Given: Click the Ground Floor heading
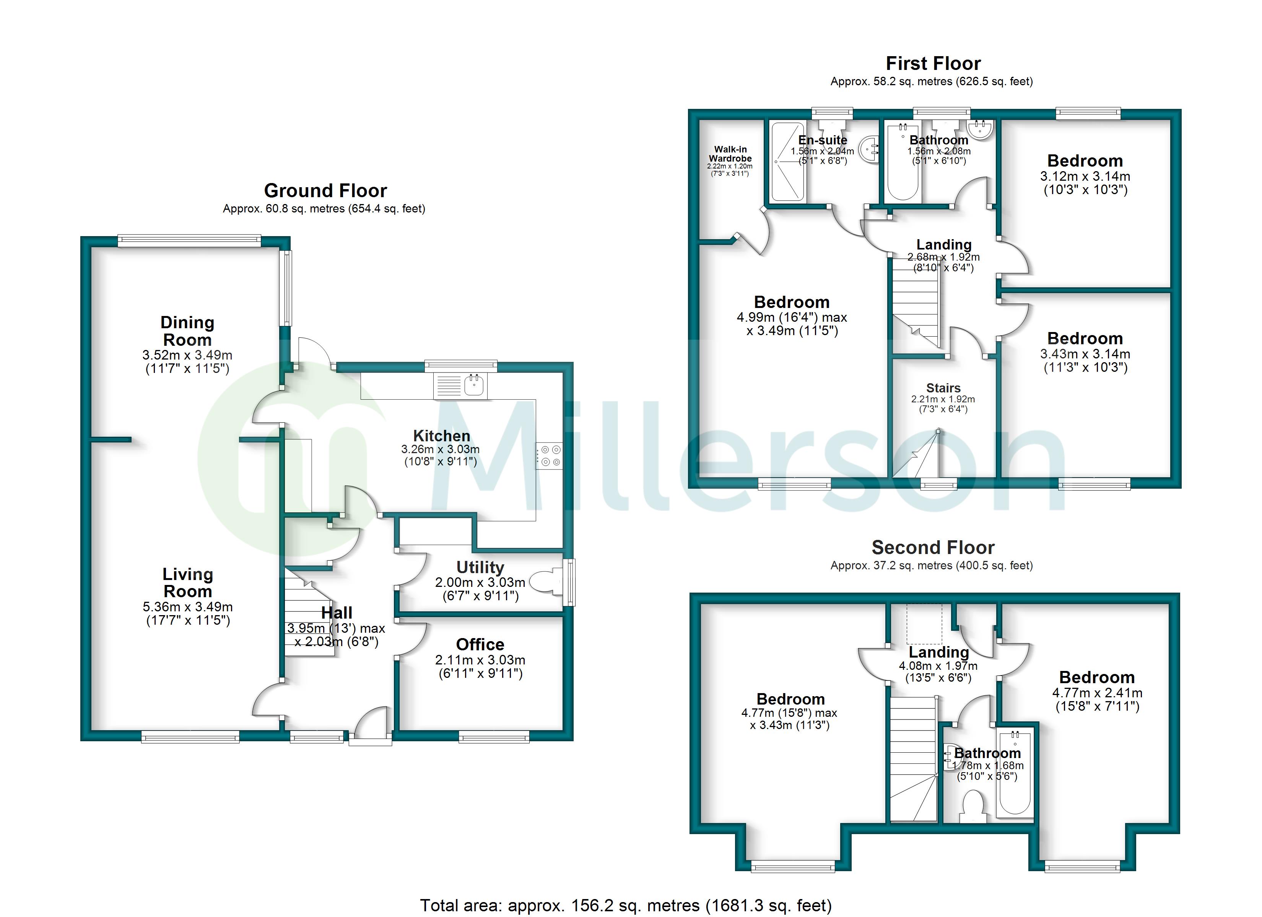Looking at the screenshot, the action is click(x=325, y=191).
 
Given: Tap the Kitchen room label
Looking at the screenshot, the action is click(x=441, y=436).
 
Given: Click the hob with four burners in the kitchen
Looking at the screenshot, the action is click(x=549, y=455).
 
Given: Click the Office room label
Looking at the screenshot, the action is click(x=480, y=645).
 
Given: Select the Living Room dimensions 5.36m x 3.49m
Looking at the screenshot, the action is click(x=187, y=607).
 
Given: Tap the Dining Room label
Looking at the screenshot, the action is click(x=187, y=331).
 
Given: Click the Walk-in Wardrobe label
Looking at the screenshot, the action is click(x=730, y=154).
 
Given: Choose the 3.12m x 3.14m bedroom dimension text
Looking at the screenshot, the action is click(x=1085, y=176).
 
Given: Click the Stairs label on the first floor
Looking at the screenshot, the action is click(x=943, y=388).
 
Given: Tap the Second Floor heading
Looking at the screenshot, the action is click(x=933, y=548).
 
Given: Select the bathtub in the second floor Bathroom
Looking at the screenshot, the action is click(x=1015, y=773).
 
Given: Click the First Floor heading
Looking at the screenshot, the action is click(x=933, y=63).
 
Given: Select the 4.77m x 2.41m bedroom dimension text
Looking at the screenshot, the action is click(x=1097, y=693).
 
